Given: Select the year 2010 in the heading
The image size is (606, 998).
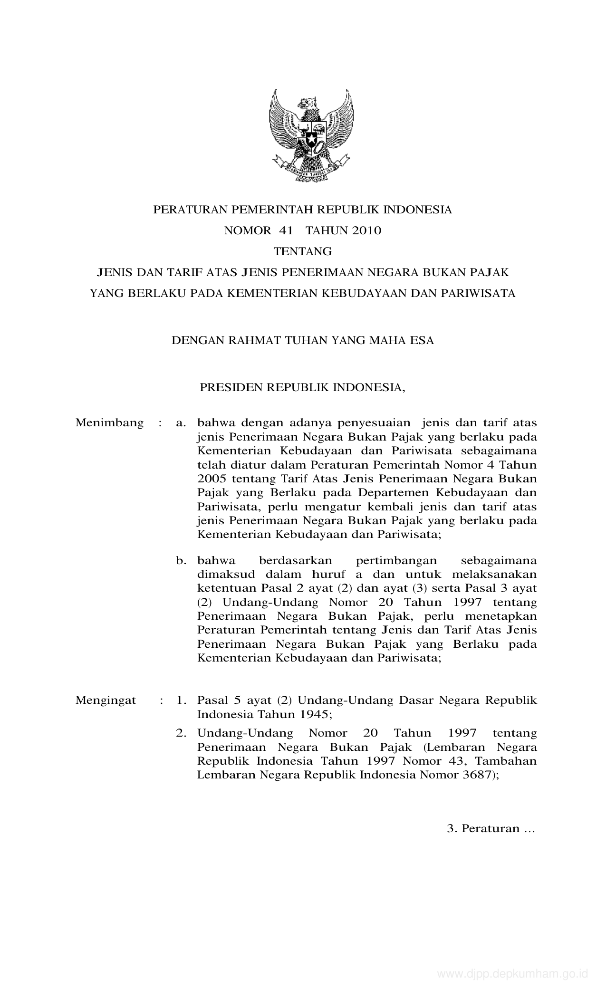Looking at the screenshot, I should pyautogui.click(x=366, y=231).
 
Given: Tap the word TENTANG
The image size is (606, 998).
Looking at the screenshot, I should pyautogui.click(x=303, y=251).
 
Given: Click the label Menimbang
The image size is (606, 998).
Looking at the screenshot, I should pyautogui.click(x=109, y=423).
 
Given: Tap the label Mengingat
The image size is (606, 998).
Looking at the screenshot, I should pyautogui.click(x=106, y=700).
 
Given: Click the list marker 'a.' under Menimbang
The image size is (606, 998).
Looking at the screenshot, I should pyautogui.click(x=181, y=423).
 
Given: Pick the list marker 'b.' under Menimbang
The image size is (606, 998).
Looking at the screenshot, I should pyautogui.click(x=181, y=561).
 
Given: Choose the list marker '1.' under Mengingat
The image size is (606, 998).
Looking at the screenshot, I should pyautogui.click(x=181, y=700).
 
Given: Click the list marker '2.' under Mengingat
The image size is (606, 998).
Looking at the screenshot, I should pyautogui.click(x=181, y=733).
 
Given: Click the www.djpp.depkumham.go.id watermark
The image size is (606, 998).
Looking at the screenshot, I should pyautogui.click(x=512, y=984).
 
